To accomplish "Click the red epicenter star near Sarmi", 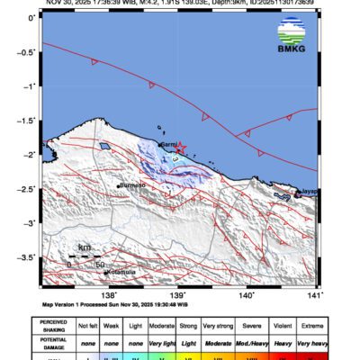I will click(x=180, y=147).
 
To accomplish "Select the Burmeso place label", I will click(x=132, y=186).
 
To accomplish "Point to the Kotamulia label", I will click(x=121, y=271).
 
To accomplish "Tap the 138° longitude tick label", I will click(x=109, y=294).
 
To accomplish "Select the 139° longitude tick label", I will click(x=177, y=294).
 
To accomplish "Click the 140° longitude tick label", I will click(x=246, y=294).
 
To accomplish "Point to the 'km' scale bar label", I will click(x=85, y=247).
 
